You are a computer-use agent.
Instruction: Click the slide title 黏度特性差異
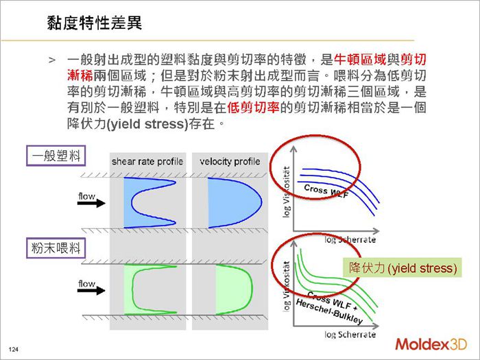click(94, 22)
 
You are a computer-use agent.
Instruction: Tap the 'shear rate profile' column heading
click(147, 162)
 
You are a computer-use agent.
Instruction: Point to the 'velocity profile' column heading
click(230, 162)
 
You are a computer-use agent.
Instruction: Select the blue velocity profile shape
click(232, 203)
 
